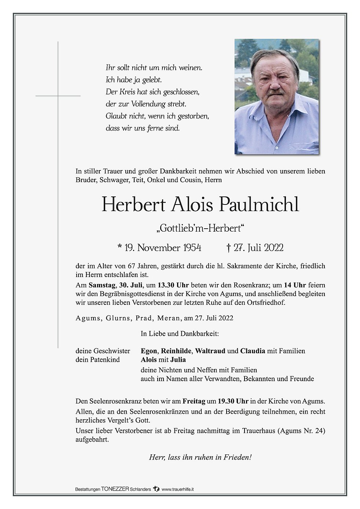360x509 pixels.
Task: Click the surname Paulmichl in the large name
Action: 259,204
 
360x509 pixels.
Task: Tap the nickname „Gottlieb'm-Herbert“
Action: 200,228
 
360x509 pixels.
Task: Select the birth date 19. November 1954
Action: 159,248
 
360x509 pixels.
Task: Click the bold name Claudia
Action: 253,351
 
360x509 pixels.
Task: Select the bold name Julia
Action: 178,359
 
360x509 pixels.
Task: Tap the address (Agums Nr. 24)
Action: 302,431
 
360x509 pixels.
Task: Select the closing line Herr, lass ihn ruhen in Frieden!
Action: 200,457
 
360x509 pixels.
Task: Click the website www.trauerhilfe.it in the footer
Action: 178,489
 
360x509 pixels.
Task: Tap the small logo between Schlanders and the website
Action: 157,489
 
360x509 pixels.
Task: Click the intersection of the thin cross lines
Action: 58,96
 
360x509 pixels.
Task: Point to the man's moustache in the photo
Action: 276,92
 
